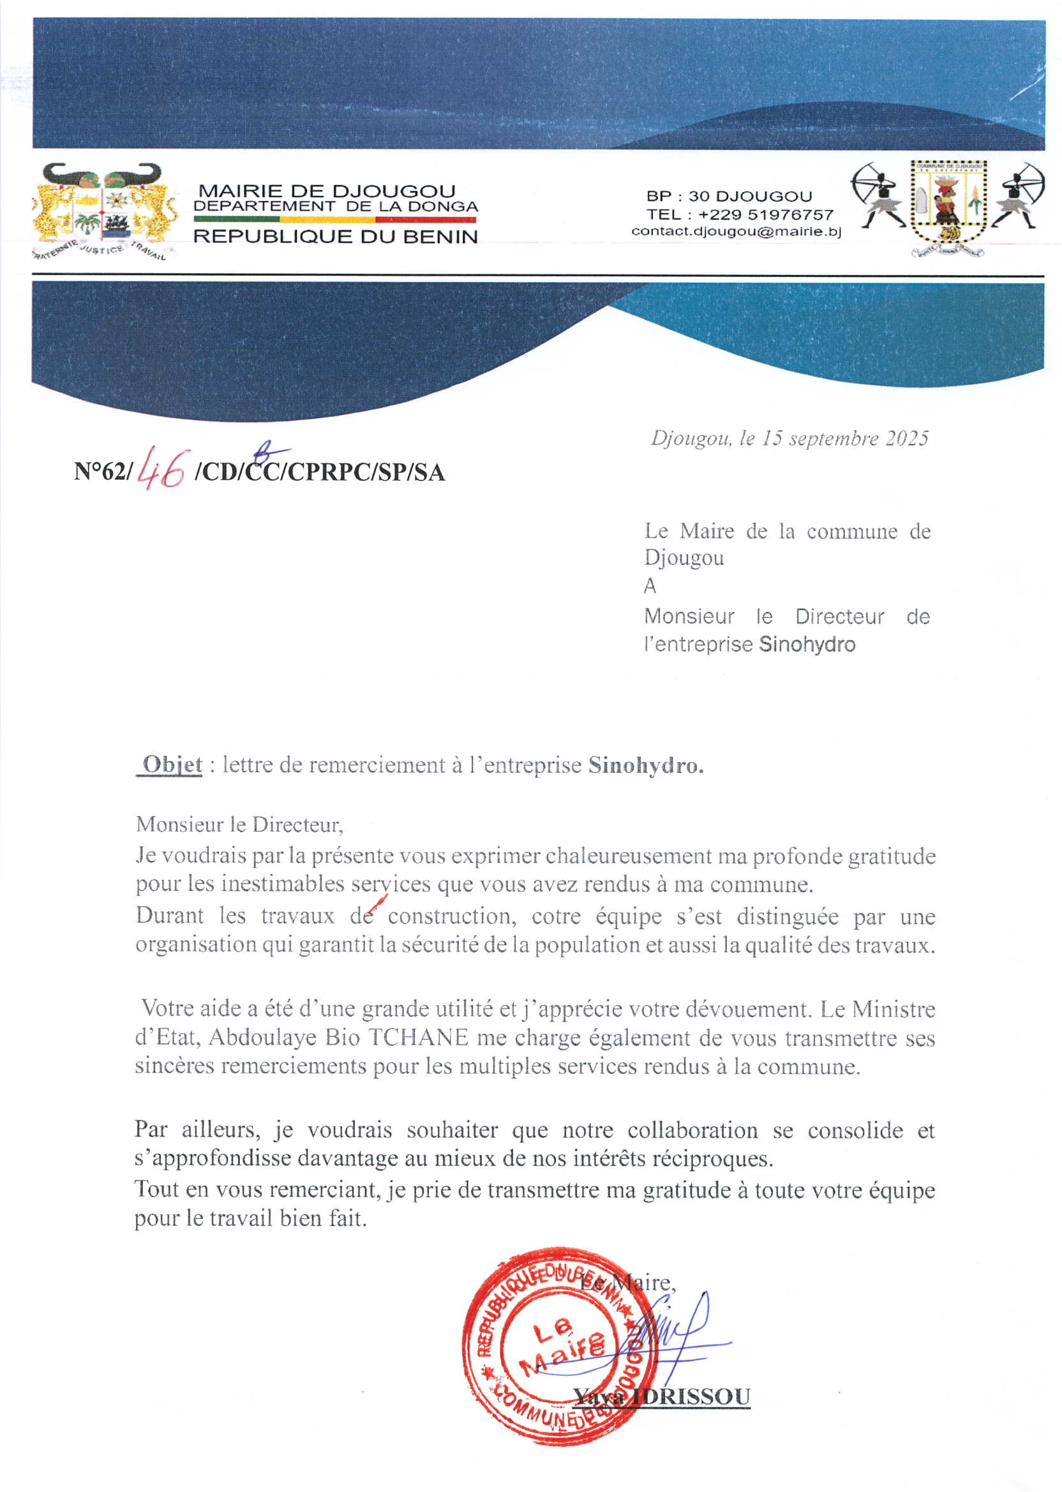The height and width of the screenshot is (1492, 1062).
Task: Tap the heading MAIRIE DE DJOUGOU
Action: click(x=327, y=191)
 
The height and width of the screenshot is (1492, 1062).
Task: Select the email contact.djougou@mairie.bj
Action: click(x=737, y=232)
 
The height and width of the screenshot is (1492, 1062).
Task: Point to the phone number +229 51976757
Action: click(x=766, y=214)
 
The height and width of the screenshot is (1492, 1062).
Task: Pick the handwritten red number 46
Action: click(x=161, y=469)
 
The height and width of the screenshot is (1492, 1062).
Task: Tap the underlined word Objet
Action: click(x=172, y=765)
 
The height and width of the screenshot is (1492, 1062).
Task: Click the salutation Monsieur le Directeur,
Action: click(x=239, y=824)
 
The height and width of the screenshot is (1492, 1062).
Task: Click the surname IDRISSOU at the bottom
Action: click(x=693, y=1397)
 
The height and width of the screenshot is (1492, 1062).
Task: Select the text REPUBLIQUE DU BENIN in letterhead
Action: click(x=336, y=237)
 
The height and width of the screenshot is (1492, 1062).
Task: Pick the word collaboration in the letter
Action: click(x=692, y=1130)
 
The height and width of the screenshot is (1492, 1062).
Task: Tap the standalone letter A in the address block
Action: click(x=650, y=586)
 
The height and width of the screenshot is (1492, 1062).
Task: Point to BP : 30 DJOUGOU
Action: click(x=729, y=196)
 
